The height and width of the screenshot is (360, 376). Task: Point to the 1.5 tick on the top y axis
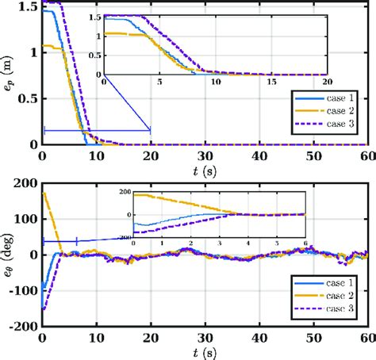tap(29, 7)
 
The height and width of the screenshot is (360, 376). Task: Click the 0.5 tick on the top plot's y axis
tap(29, 100)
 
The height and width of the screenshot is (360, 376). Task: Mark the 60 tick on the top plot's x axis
tap(365, 157)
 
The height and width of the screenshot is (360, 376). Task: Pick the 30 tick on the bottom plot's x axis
tap(205, 337)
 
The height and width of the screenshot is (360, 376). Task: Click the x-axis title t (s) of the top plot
tap(205, 172)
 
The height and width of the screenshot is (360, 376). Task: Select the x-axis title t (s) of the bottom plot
tap(205, 352)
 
